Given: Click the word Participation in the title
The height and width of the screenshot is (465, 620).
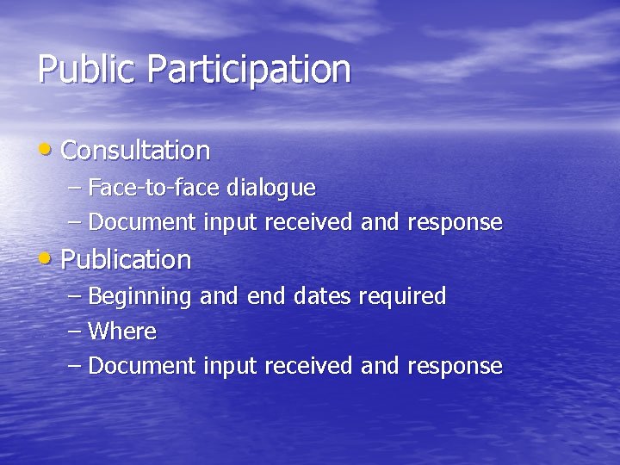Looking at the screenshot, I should [250, 70].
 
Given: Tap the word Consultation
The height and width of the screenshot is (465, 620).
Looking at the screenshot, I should [136, 151].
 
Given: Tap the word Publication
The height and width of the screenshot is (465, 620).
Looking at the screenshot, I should [126, 259].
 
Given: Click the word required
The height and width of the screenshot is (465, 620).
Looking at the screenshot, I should [402, 297].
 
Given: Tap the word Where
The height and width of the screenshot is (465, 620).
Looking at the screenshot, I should [122, 332].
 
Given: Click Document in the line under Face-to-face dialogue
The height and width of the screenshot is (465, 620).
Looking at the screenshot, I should [142, 223].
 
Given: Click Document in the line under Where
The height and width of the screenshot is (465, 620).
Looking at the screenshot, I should [142, 366].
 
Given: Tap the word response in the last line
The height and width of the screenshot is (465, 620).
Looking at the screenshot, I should [455, 367].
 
